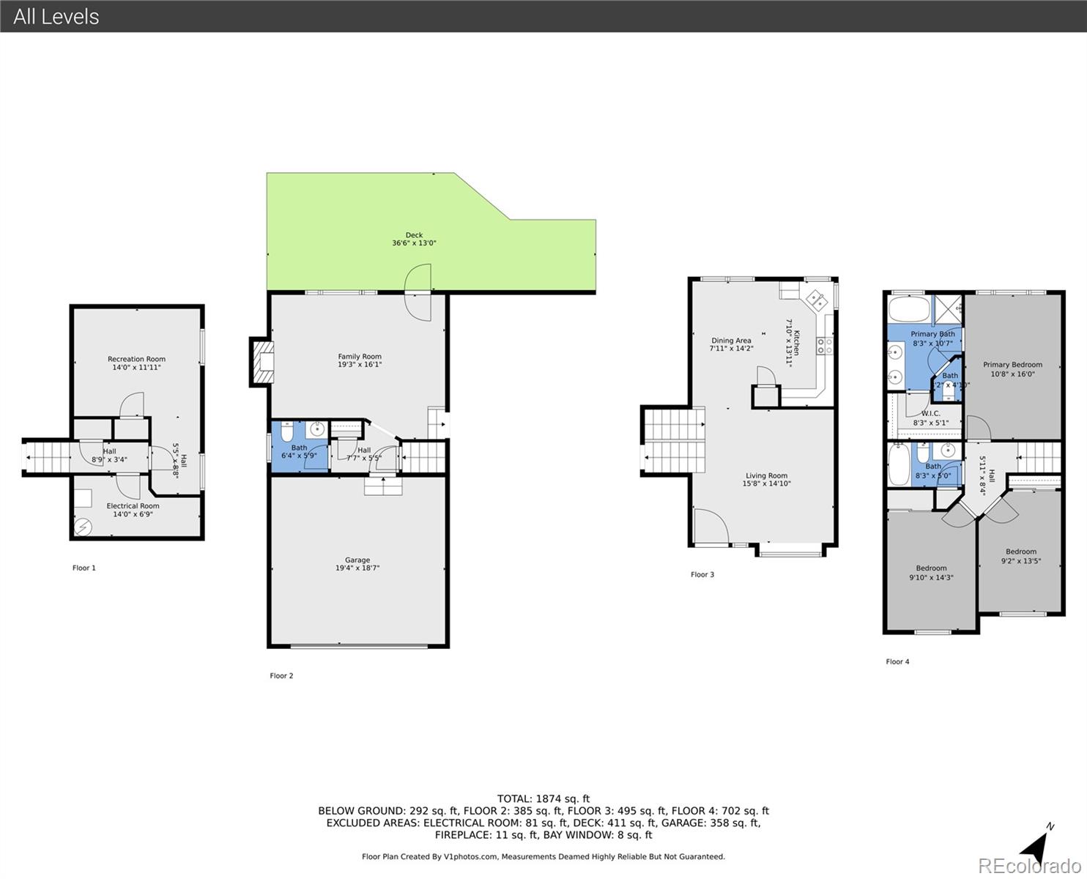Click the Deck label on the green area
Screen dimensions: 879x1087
click(x=414, y=236)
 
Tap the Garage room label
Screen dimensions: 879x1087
click(x=357, y=560)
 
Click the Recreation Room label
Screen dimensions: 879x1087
click(x=136, y=359)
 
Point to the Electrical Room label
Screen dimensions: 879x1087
click(x=133, y=506)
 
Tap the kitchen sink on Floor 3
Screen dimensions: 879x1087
click(x=815, y=300)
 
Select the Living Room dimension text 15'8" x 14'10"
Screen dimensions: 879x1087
click(x=766, y=484)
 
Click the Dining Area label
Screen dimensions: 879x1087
click(x=731, y=341)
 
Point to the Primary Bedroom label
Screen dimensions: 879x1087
click(x=1012, y=365)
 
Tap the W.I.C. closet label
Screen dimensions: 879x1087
click(x=930, y=414)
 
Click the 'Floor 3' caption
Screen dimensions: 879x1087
click(x=702, y=574)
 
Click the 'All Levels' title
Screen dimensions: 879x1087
click(x=56, y=16)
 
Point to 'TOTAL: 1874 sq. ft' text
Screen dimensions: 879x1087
click(x=543, y=799)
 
